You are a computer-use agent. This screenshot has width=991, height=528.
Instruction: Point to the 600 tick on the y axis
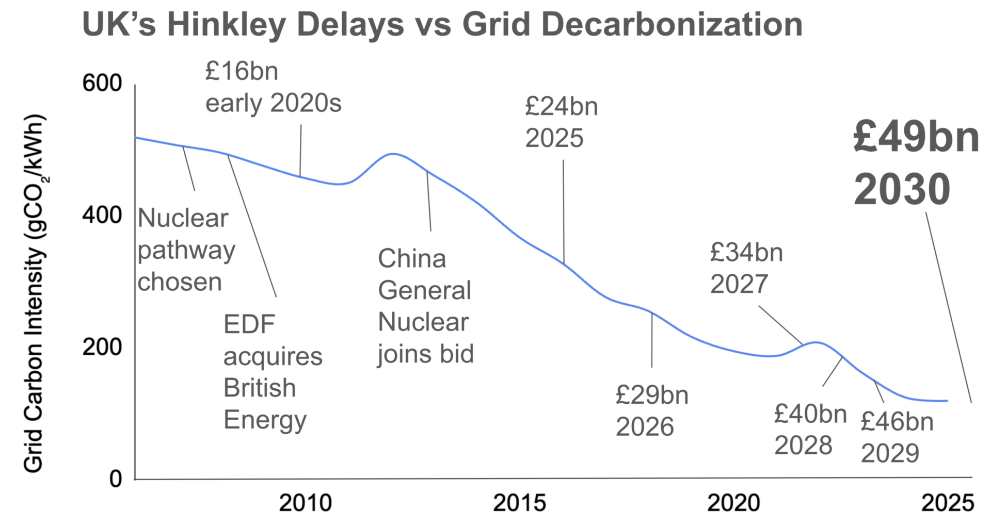tap(102, 84)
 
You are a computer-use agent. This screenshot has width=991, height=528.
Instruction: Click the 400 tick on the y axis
tap(102, 215)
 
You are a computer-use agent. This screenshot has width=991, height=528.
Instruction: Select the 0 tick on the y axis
tap(116, 479)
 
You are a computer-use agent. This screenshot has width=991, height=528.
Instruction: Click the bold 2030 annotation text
tap(902, 190)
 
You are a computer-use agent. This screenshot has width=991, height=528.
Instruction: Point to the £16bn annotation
tap(242, 71)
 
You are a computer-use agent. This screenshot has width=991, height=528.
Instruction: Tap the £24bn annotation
tap(562, 107)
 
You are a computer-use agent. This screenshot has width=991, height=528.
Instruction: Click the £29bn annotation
tap(652, 395)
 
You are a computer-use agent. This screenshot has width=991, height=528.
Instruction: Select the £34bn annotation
tap(746, 253)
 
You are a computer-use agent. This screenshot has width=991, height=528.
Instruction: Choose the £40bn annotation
tap(810, 414)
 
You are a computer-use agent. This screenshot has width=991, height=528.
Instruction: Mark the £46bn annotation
tap(897, 422)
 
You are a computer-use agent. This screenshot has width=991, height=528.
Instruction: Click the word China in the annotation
tap(412, 259)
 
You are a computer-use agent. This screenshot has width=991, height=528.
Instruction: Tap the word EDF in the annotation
tap(249, 325)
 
